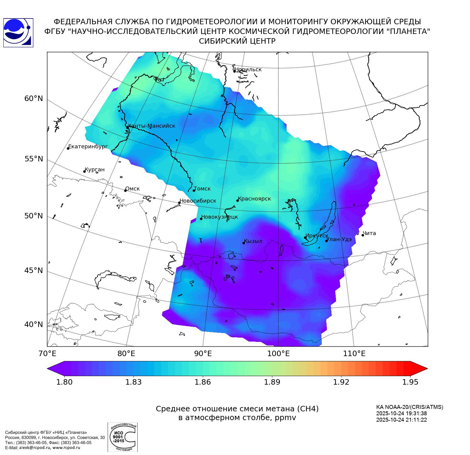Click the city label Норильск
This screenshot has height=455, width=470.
(248, 69)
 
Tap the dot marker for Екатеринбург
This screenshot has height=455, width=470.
(68, 148)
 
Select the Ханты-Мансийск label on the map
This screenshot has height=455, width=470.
(152, 126)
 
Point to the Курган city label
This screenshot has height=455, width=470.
(95, 170)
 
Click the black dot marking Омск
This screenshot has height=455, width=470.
(125, 190)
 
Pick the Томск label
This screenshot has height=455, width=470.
(202, 189)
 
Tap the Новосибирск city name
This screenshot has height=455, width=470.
(198, 201)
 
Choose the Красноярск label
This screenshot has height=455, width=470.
(254, 199)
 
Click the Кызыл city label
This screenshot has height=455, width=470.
(253, 241)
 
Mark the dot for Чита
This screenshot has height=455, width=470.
(363, 235)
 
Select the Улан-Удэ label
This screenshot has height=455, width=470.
(339, 239)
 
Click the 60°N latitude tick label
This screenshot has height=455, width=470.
(34, 99)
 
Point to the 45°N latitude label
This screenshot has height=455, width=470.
(34, 270)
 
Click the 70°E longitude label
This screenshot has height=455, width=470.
(47, 354)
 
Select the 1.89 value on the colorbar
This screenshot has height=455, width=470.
(272, 382)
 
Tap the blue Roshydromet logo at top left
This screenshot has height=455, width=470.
(18, 32)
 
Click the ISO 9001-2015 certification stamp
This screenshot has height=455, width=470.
(123, 437)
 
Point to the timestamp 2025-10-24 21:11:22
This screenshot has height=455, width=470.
(401, 420)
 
